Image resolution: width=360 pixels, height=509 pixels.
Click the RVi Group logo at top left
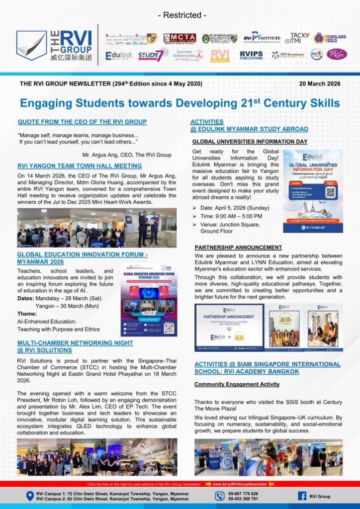coord(54,45)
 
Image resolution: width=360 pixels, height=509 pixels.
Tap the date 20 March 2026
coord(320,84)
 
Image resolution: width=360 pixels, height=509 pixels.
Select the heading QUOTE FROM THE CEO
coord(82,122)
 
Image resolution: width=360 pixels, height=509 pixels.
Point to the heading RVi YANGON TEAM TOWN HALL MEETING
coord(80,166)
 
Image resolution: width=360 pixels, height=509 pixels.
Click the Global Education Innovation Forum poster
coord(149,300)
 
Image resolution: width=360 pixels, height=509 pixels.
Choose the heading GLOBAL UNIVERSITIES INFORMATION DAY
coord(250,142)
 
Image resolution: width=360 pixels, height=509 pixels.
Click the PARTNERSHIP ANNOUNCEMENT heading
coord(238,247)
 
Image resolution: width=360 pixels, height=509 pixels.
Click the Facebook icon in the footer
coord(302,496)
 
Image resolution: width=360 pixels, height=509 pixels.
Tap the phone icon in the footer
coord(220,496)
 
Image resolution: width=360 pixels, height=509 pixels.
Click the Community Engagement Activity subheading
coord(237,384)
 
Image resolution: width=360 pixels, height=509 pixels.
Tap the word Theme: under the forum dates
coord(27,314)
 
